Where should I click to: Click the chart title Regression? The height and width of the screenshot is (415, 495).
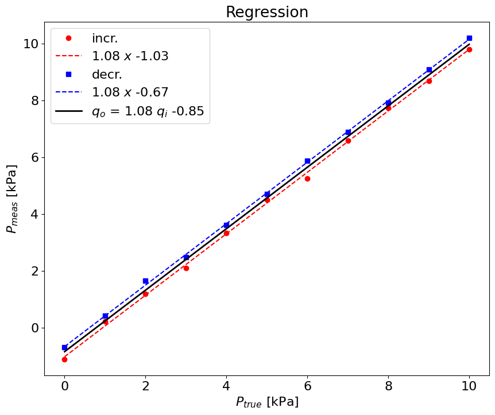pos(266,12)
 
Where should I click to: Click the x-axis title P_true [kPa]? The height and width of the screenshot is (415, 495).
pos(267,402)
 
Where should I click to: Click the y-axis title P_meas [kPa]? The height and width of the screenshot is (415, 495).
pos(12,199)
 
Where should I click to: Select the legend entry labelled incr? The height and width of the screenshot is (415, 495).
pos(105,38)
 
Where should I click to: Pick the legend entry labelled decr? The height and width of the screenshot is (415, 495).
pos(107,75)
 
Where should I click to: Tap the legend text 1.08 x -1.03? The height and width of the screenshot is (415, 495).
pos(130,56)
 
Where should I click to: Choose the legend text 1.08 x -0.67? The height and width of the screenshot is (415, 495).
pos(130,92)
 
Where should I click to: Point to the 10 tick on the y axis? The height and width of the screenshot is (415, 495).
pos(32,44)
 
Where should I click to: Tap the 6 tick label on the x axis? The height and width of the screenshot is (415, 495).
pos(307,386)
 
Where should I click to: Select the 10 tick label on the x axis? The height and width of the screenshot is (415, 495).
pos(469,386)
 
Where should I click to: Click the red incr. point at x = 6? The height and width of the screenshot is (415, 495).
pos(307,179)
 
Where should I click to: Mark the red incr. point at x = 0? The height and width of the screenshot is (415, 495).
pos(64,359)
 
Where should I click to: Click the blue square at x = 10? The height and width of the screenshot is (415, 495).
pos(469,38)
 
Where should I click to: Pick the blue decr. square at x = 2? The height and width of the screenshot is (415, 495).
pos(145,281)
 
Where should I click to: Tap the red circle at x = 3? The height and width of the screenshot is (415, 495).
pos(186,268)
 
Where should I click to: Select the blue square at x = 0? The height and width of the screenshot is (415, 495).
pos(64,347)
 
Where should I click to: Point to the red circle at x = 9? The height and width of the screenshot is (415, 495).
pos(429,81)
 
